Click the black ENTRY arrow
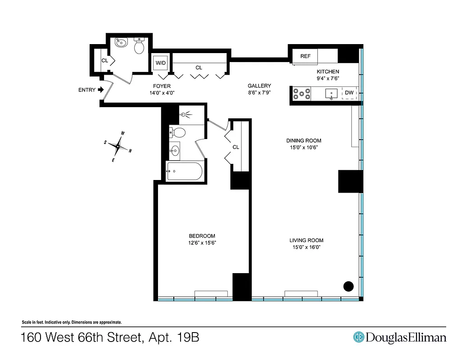pos(101,90)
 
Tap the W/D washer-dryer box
pos(160,63)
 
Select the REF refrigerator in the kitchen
pos(306,56)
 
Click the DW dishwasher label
pos(349,93)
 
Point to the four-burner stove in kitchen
pos(302,94)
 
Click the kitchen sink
pos(331,94)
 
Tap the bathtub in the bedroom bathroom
pos(185,171)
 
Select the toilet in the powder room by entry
pos(139,45)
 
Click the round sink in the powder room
pos(121,43)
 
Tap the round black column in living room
pos(348,286)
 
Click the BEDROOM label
pos(202,236)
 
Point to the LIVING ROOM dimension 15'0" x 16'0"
pos(306,247)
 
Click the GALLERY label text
pos(259,85)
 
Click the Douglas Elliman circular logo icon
pos(358,337)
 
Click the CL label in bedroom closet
pos(236,147)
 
